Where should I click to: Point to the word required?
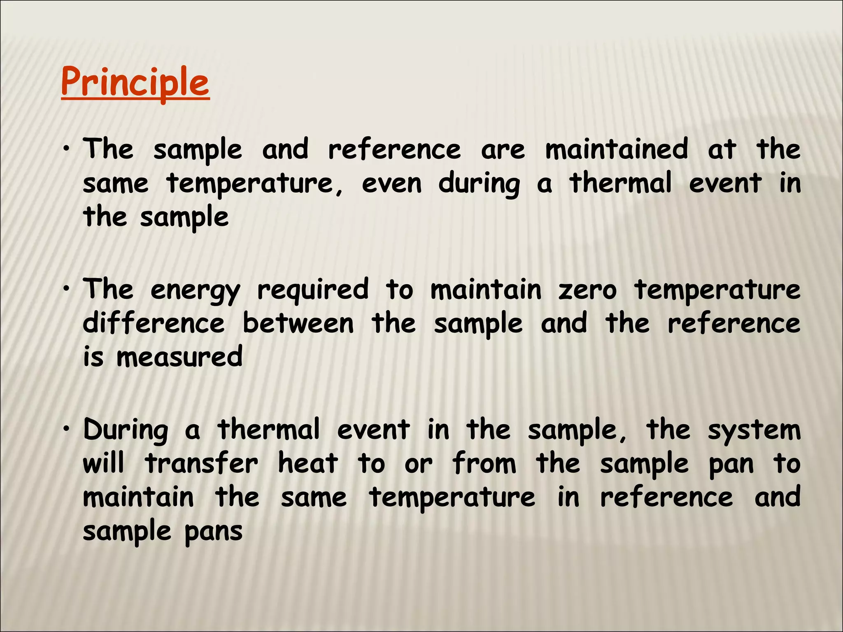pos(313,290)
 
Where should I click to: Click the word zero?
pos(587,290)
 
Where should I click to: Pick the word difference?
pos(154,323)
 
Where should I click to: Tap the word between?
pos(298,323)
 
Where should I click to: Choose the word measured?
pos(179,357)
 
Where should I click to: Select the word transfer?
pos(202,464)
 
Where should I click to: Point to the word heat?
pos(308,464)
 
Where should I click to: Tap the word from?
pos(484,464)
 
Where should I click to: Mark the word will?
pos(103,464)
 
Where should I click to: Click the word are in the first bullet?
pos(503,150)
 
